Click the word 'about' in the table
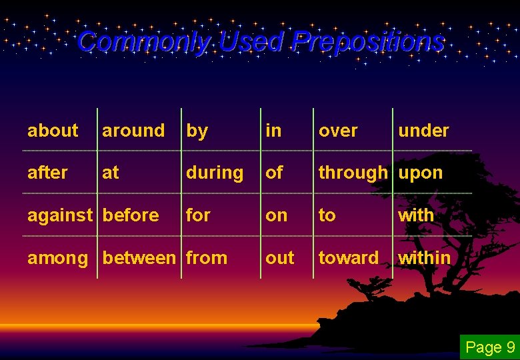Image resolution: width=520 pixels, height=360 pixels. click(53, 131)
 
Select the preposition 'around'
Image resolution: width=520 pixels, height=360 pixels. click(133, 131)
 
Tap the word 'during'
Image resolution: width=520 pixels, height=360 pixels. click(215, 173)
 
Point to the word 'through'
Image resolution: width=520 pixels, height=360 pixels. click(353, 173)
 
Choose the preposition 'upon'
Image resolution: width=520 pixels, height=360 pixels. click(420, 173)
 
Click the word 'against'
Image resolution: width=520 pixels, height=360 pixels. click(60, 216)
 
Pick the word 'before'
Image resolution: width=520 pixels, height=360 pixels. click(131, 215)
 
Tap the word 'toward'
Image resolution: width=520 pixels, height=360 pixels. click(349, 258)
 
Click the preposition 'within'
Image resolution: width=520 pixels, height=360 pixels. click(424, 258)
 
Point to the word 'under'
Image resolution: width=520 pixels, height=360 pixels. click(423, 131)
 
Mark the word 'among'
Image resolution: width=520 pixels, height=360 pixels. click(57, 259)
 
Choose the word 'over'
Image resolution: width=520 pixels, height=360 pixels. click(338, 131)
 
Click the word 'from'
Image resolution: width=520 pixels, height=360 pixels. click(207, 258)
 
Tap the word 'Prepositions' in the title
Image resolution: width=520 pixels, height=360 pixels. click(368, 43)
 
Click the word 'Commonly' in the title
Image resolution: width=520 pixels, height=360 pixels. click(143, 43)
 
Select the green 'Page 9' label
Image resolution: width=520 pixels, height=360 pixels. click(490, 347)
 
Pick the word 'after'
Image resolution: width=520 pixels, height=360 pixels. click(47, 173)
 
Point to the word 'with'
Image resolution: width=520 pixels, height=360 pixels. click(416, 215)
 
